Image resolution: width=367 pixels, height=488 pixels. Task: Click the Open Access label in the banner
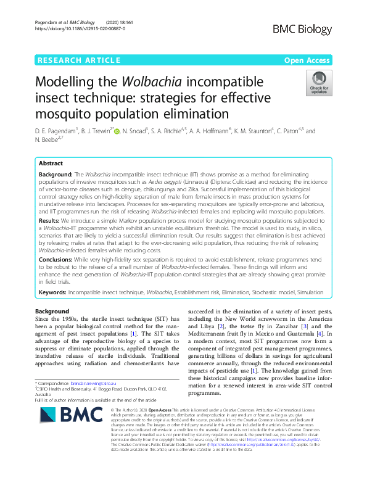tap(307, 60)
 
